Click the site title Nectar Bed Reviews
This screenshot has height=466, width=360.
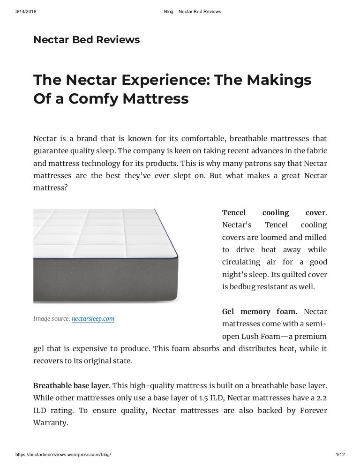(x=86, y=40)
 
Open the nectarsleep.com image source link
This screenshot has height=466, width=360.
(x=93, y=319)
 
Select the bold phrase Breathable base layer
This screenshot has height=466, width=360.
(x=71, y=386)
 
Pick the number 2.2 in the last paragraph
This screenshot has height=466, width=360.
(x=320, y=398)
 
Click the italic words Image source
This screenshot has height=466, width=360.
(x=51, y=319)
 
